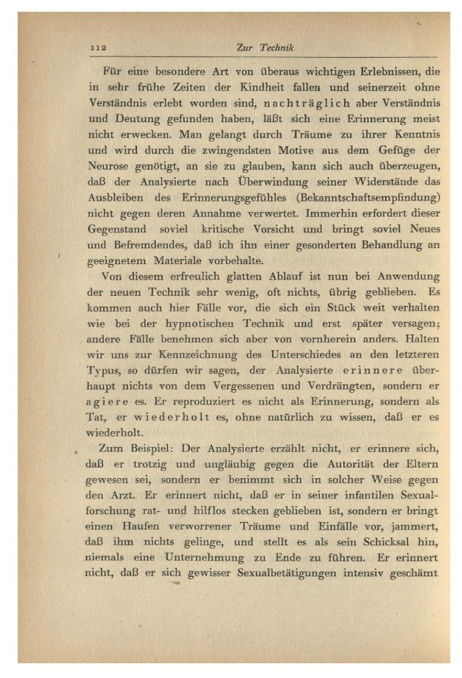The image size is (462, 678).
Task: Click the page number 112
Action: click(x=97, y=47)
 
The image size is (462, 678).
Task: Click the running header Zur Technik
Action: click(x=264, y=47)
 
